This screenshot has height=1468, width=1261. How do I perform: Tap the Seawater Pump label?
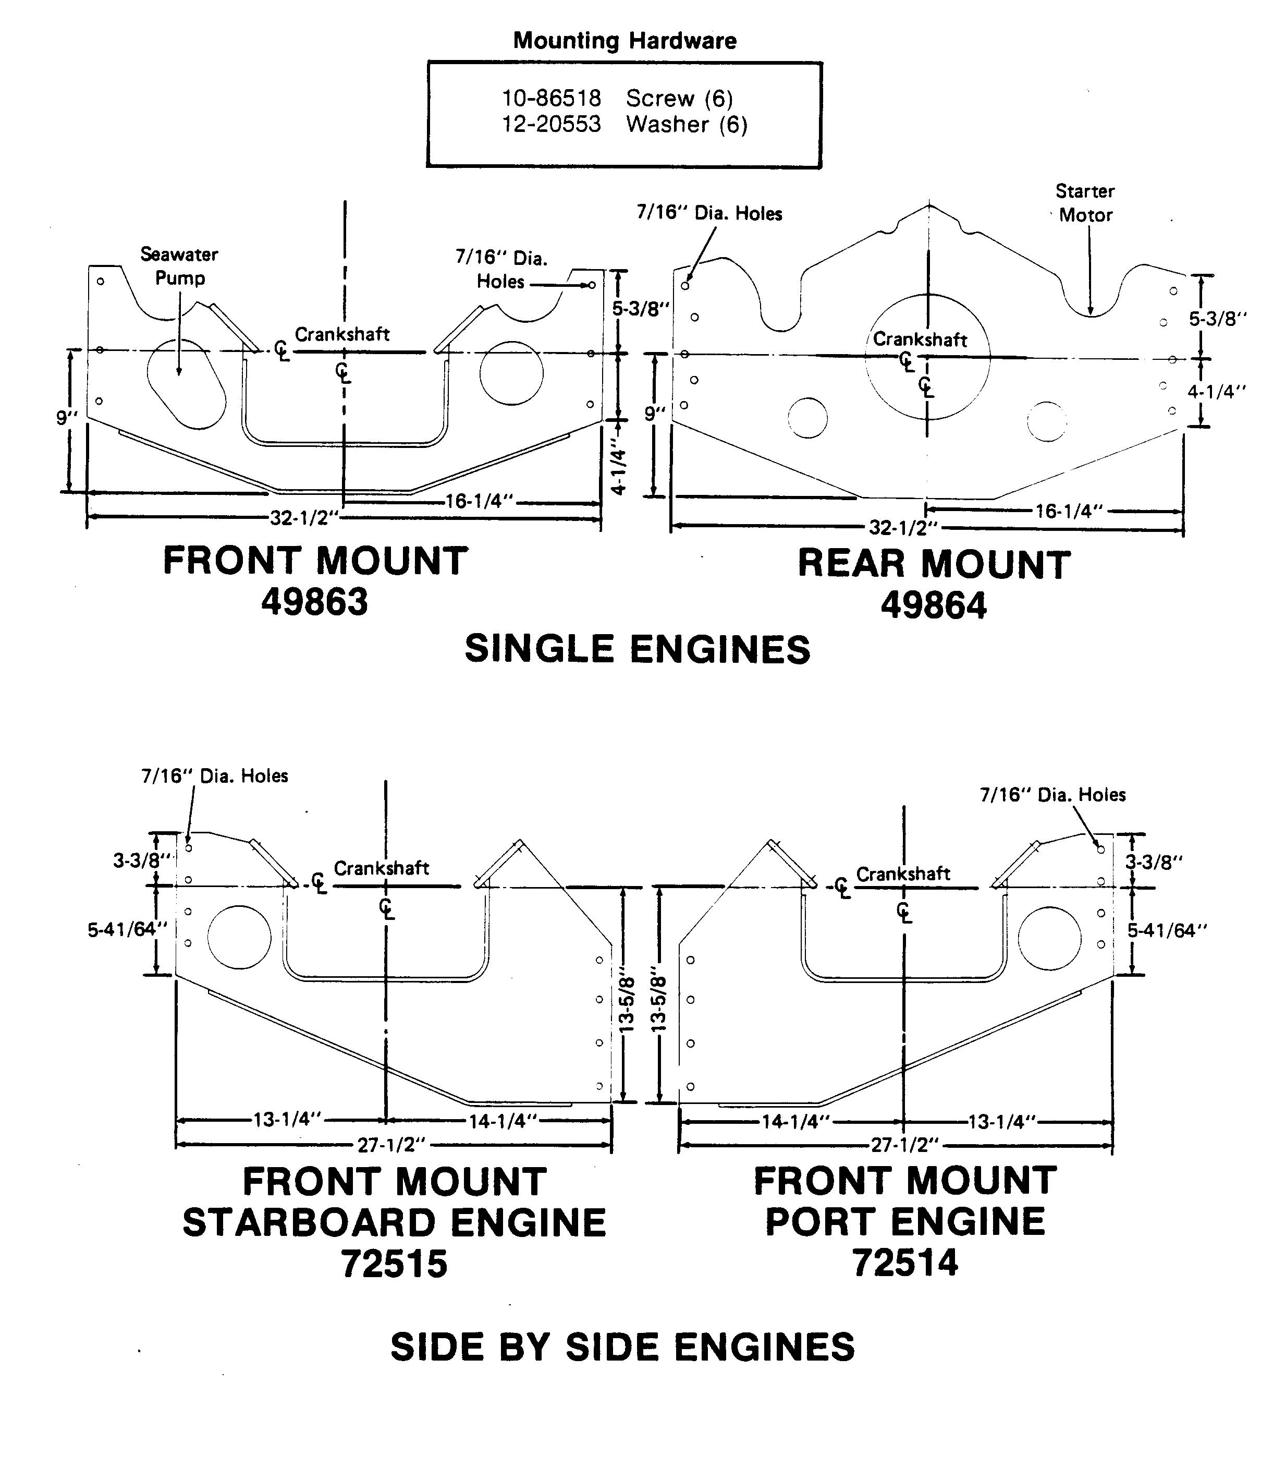(179, 265)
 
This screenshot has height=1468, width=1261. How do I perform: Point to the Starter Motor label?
(1085, 203)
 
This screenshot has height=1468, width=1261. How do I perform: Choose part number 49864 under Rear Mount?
(933, 606)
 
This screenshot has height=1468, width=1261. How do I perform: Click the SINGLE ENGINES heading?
(637, 649)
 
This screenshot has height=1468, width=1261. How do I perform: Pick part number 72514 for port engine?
(905, 1262)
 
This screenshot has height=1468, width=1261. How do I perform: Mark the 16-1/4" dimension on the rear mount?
(1069, 511)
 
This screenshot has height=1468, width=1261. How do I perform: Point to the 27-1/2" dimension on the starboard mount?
(391, 1144)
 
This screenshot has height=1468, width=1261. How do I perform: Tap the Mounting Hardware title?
(625, 40)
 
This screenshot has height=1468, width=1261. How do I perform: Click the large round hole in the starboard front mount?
(239, 937)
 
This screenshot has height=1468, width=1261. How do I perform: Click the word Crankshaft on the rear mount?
(920, 339)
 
